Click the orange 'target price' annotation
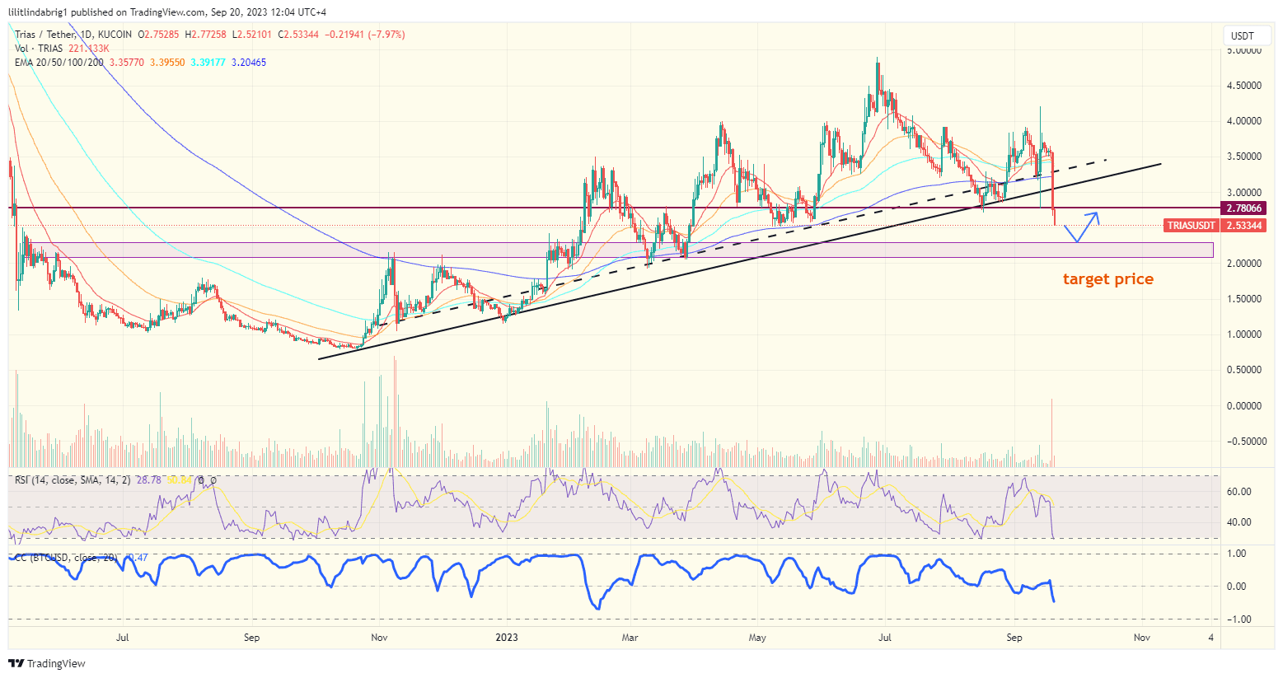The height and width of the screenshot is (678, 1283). tap(1107, 279)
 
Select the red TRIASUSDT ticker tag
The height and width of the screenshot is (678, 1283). tap(1191, 226)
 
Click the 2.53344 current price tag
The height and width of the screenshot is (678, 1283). tap(1244, 226)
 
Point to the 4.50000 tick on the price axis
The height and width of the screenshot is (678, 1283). tap(1244, 86)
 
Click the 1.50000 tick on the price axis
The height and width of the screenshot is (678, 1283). tap(1244, 299)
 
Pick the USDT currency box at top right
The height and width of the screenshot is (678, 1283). tap(1243, 35)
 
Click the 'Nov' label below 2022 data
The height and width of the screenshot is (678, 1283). tap(379, 638)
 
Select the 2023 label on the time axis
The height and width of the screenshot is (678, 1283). tap(507, 638)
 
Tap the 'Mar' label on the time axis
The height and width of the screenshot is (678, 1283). tap(630, 638)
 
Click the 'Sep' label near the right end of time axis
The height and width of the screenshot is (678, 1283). tap(1014, 638)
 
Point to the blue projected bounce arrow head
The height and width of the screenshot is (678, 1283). tap(1095, 216)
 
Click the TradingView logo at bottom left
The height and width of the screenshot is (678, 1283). tap(47, 663)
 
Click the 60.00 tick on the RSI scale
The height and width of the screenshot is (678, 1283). tap(1239, 492)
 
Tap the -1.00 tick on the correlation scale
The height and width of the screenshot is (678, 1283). tap(1238, 620)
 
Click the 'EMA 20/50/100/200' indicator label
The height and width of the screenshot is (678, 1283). tap(59, 63)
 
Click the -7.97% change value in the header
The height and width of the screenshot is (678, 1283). tap(387, 35)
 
